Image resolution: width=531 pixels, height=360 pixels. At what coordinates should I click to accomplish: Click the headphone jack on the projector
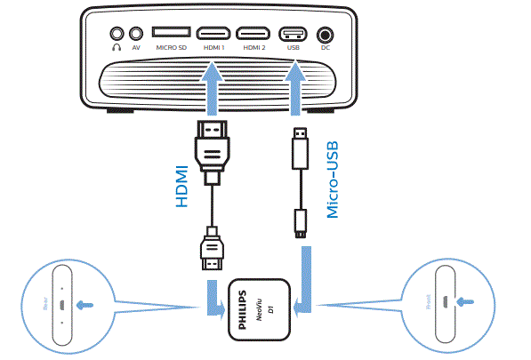116,33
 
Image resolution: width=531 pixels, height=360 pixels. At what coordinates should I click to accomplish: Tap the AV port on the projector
136,33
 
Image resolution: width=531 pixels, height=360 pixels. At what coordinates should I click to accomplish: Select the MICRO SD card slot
172,32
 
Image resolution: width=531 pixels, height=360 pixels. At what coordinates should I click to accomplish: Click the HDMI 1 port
213,32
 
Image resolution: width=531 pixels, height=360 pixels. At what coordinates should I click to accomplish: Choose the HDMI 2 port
256,32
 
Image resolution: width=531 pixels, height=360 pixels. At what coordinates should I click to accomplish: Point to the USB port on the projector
294,32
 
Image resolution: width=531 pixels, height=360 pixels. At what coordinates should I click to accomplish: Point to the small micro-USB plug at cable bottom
301,223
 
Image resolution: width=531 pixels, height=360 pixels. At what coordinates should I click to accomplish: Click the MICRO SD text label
171,47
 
